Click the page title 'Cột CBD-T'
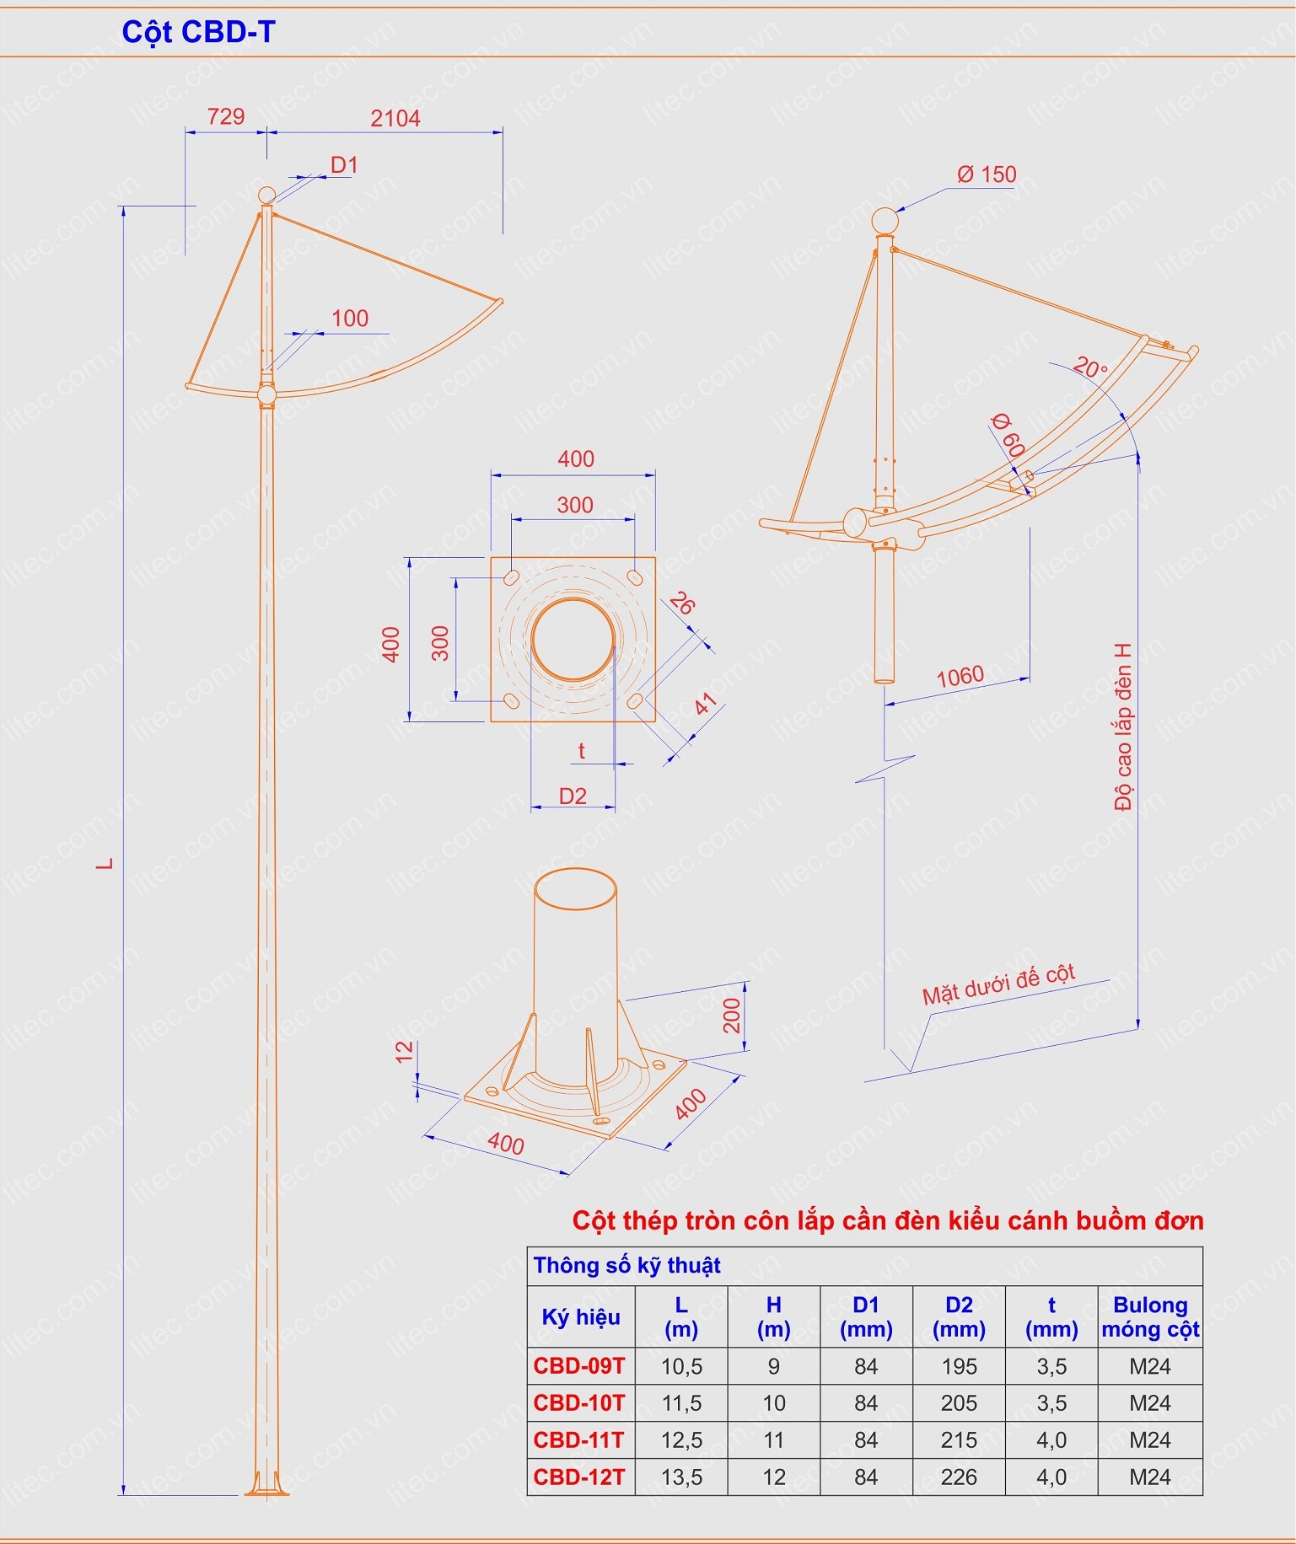point(198,32)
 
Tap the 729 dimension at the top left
point(225,116)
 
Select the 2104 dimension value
point(395,119)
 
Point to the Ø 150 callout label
point(987,174)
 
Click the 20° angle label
point(1090,367)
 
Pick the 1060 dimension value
point(960,676)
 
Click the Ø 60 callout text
point(1008,435)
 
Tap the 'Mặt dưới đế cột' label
point(998,984)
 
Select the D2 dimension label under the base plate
point(573,796)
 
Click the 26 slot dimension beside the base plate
point(682,603)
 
